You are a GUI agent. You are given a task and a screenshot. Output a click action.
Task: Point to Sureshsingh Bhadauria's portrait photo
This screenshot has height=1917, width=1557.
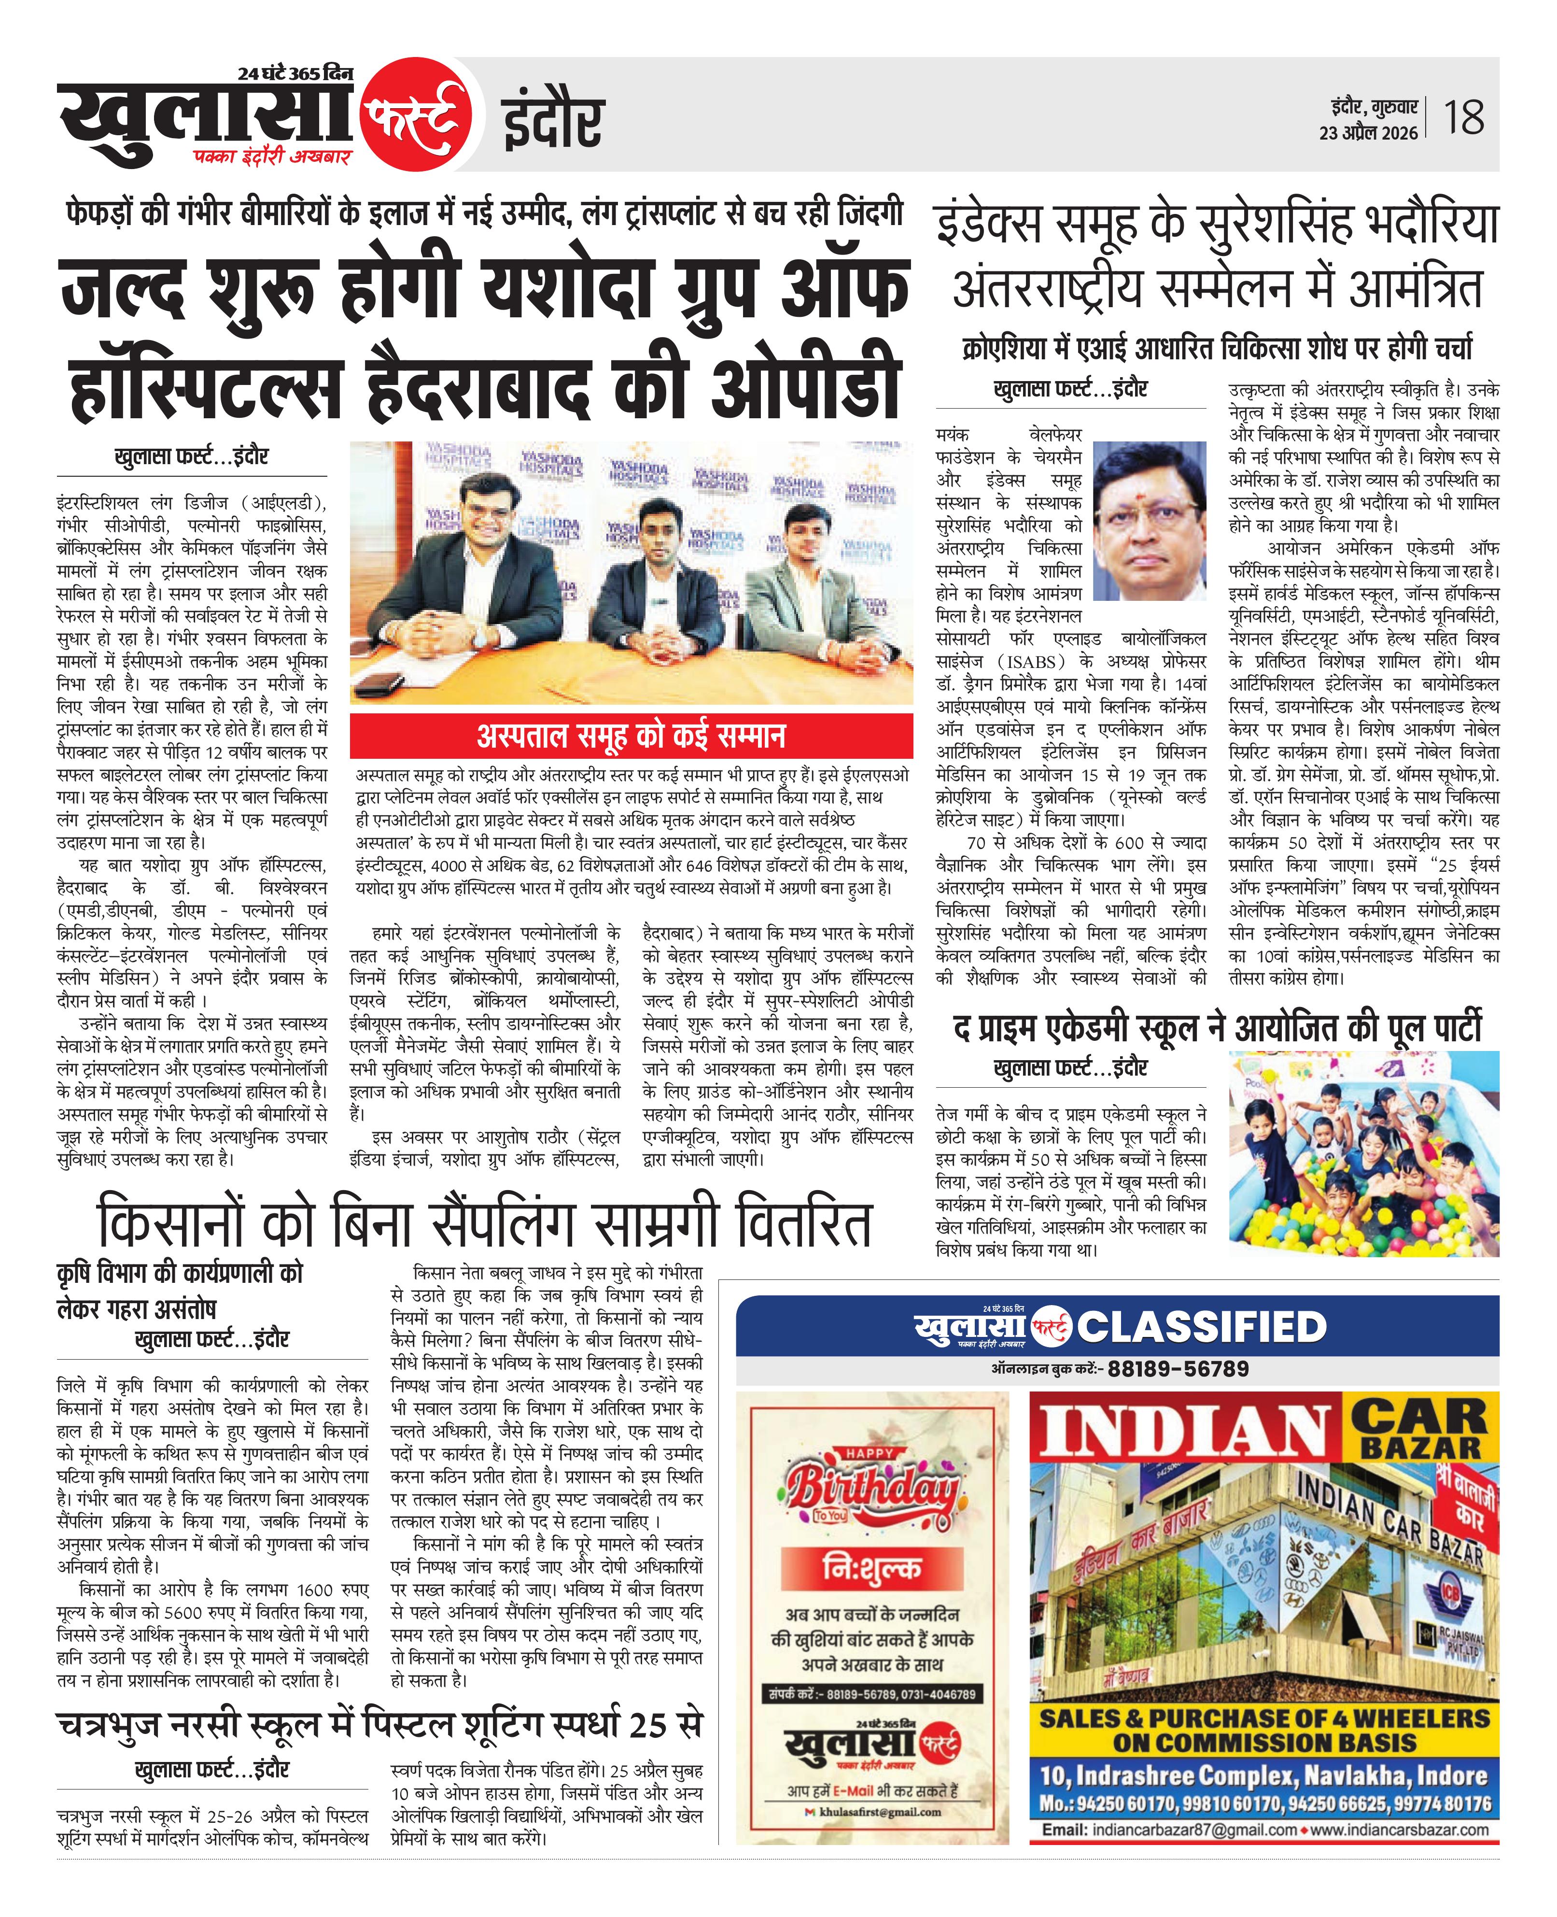click(1150, 520)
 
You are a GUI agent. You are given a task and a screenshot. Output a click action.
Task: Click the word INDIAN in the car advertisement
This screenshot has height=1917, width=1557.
click(1186, 1434)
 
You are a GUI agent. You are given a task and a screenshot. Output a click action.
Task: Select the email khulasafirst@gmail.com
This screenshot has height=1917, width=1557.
click(879, 1812)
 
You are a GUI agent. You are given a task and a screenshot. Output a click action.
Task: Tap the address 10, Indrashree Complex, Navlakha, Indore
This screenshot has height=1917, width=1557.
click(1264, 1775)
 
